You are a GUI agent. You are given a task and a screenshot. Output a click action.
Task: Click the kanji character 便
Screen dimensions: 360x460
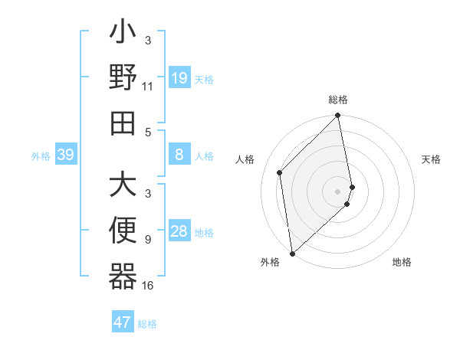[x=123, y=231]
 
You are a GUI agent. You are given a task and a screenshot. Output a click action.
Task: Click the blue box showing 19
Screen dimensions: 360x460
[x=179, y=77]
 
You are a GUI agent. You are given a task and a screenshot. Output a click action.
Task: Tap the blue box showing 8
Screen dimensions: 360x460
[x=179, y=155]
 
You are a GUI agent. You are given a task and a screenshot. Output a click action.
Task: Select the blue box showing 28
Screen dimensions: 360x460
[x=179, y=232]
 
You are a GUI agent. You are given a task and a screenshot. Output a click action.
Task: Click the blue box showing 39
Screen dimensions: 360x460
[x=65, y=155]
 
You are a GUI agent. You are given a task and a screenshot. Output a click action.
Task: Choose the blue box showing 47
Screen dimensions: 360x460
[x=123, y=322]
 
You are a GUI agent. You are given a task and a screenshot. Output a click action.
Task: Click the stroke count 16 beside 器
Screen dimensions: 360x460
[x=148, y=286]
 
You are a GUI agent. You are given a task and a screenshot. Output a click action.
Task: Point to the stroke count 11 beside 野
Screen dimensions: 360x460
[x=148, y=87]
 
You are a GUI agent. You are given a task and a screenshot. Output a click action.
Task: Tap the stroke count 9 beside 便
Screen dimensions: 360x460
[x=148, y=240]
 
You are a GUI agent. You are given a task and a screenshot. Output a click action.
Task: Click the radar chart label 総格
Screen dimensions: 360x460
[x=338, y=100]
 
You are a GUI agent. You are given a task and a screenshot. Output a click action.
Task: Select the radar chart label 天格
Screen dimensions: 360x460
[x=431, y=159]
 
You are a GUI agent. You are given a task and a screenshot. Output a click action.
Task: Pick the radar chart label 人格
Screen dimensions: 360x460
[x=245, y=159]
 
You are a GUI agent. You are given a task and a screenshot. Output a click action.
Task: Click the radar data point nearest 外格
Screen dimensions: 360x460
[x=292, y=253]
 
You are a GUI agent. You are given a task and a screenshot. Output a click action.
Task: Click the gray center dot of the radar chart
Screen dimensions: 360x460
[x=338, y=191]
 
